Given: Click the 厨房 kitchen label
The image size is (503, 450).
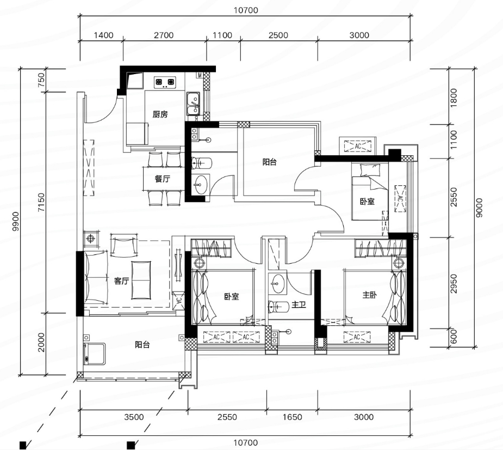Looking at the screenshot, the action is pos(160,114).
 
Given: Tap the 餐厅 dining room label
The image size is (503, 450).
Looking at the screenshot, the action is pos(163,179).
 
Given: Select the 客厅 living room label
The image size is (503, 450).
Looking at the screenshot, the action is pos(122,281).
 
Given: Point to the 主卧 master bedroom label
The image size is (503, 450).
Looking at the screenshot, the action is pos(370,295).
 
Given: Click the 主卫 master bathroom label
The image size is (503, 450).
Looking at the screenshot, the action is pos(299,305).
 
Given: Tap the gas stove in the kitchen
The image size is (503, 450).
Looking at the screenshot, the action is pos(165,82).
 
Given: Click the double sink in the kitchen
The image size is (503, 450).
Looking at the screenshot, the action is pos(193,104).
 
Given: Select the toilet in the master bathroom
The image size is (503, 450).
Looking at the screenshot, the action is pos(278,307).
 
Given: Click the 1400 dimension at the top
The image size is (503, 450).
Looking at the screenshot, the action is pos(104,35).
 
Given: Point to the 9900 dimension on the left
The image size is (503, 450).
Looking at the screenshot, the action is pos(15,221).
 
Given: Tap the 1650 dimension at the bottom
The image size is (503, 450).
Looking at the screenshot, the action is pos(292,417).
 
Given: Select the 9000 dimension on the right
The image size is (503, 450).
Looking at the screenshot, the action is pos(479,208).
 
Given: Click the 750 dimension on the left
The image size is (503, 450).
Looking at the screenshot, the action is pos(41,80).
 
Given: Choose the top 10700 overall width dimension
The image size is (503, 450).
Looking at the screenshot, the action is pos(246,10).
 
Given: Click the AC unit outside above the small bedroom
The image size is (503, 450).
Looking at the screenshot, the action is pos(358,146).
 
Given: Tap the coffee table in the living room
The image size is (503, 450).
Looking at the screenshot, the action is pos(141,280).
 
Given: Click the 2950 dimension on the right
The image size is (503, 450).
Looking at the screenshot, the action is pos(453,283).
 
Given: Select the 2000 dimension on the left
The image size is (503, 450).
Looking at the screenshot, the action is pos(41,342).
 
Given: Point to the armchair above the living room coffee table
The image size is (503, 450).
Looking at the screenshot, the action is pos(124,245).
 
